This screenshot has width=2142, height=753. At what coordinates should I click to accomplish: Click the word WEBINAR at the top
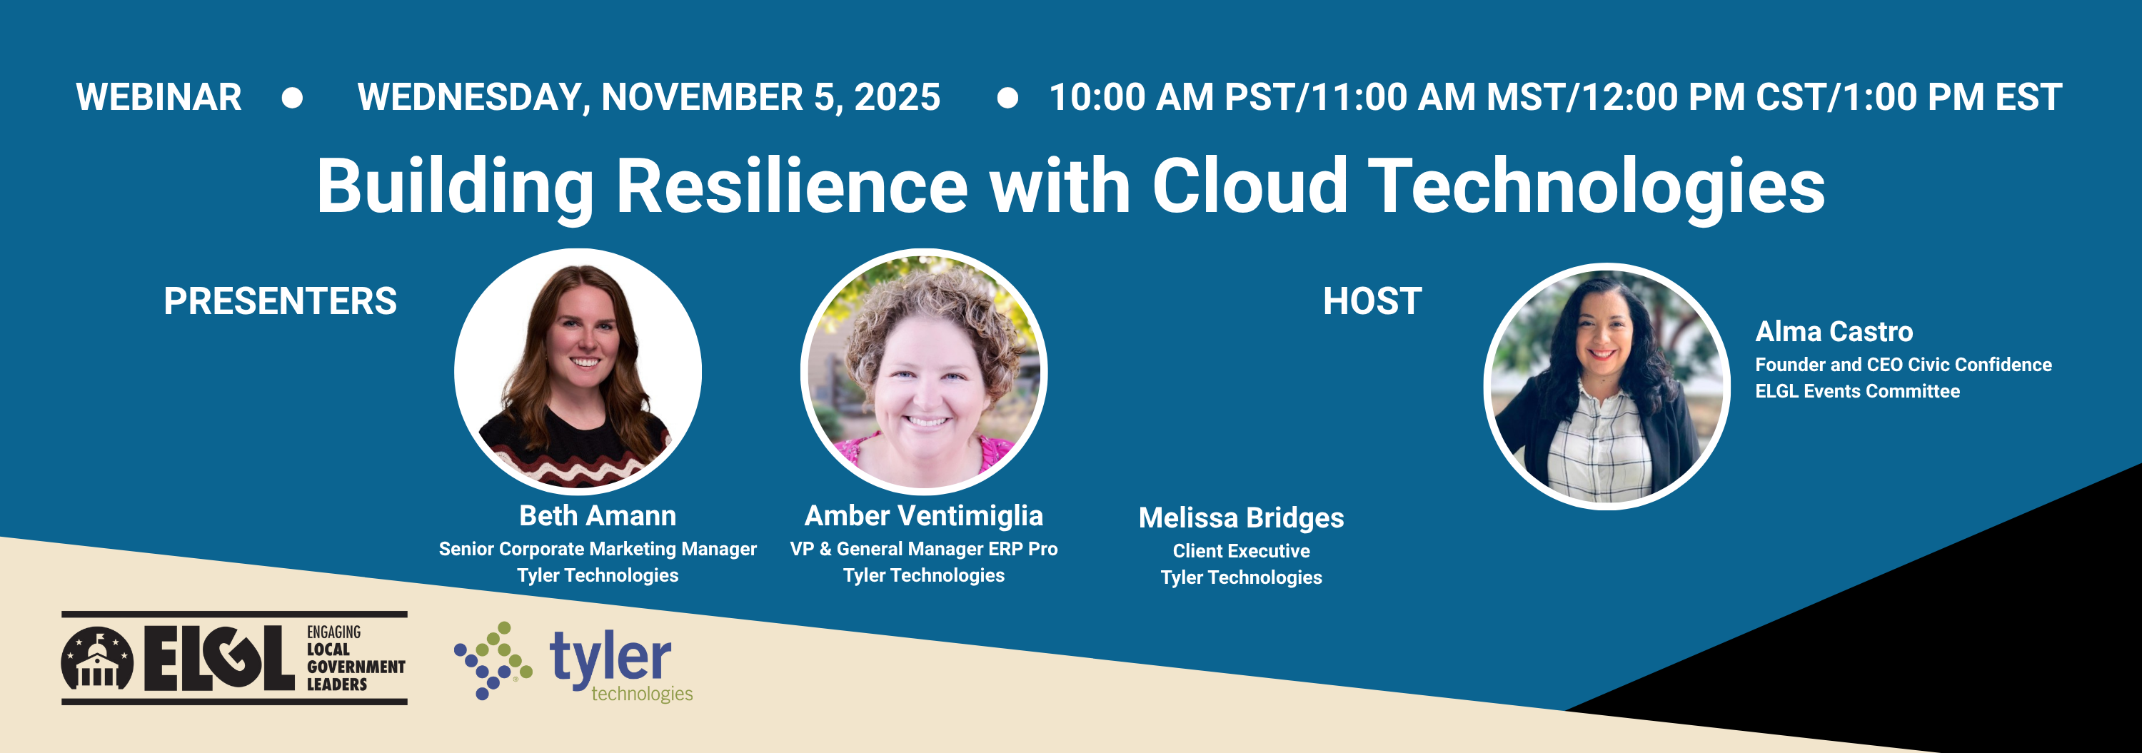(x=159, y=97)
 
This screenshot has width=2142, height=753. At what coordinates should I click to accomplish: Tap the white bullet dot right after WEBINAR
(x=292, y=98)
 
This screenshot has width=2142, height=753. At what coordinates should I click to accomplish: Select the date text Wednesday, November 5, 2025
(x=648, y=97)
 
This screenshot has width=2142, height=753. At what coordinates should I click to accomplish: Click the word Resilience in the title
(x=792, y=186)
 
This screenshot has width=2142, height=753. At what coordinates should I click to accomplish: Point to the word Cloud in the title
(x=1249, y=186)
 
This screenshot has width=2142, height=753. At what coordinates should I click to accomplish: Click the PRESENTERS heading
(x=280, y=301)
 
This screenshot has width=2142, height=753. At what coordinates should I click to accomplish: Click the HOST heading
(x=1372, y=301)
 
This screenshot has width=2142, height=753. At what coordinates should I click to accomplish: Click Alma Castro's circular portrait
(x=1606, y=385)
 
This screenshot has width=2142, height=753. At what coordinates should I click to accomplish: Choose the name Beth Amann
(x=598, y=515)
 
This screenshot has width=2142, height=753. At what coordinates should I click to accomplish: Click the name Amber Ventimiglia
(x=924, y=516)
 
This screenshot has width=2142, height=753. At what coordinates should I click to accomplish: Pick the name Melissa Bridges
(x=1242, y=517)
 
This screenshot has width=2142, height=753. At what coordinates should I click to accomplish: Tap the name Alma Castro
(x=1834, y=332)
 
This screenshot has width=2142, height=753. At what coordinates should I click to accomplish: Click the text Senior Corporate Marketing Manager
(x=598, y=549)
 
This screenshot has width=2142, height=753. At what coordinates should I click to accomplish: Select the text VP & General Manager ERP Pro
(x=924, y=549)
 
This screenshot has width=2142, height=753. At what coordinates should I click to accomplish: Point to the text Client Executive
(x=1242, y=551)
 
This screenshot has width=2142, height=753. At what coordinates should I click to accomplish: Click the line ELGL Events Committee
(x=1858, y=390)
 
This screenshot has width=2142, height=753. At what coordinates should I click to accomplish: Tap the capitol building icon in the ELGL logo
(x=97, y=659)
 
